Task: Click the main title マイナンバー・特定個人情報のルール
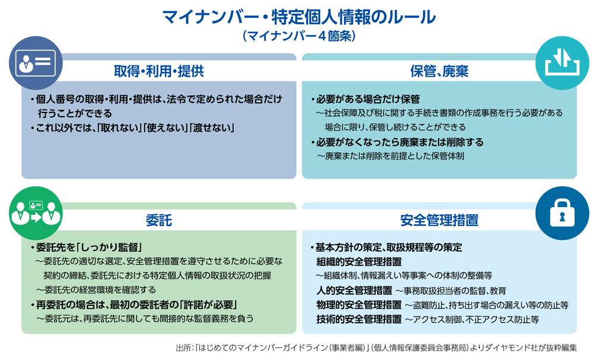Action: click(299, 17)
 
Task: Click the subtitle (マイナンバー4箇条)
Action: click(299, 36)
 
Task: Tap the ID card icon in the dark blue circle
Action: click(36, 63)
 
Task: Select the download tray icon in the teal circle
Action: click(562, 62)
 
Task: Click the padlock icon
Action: click(562, 213)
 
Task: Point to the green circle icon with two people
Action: click(36, 213)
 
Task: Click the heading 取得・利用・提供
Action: click(159, 71)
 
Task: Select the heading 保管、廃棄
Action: click(440, 71)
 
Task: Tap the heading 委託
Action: click(159, 220)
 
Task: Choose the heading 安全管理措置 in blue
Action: click(440, 220)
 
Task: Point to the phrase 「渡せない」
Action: click(212, 128)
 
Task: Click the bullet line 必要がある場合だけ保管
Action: click(365, 99)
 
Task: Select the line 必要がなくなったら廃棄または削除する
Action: click(397, 142)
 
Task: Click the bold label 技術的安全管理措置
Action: click(359, 320)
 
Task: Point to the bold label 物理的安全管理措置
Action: click(359, 305)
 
